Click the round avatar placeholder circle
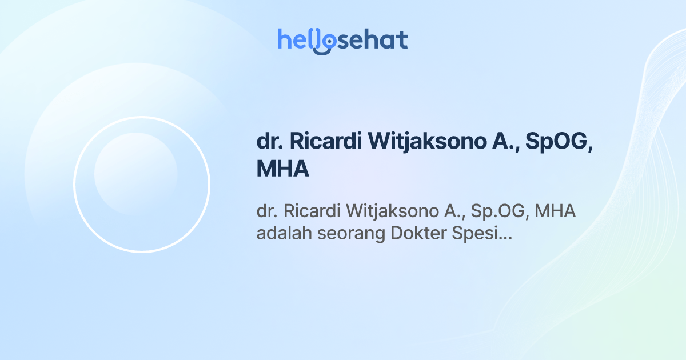[142, 184]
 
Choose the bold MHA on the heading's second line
[283, 169]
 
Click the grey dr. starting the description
[266, 211]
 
